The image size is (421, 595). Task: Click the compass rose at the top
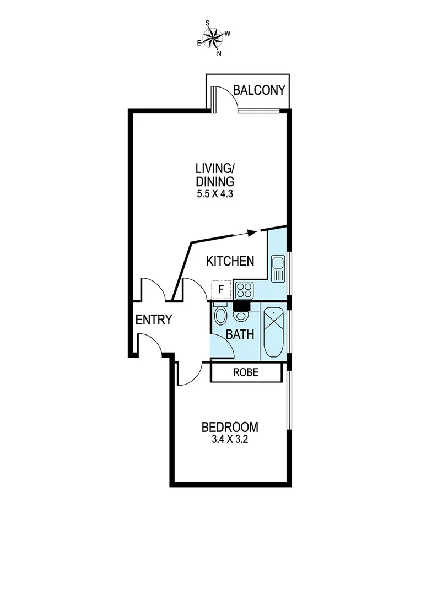coord(213,38)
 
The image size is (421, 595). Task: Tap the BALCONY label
coord(259,90)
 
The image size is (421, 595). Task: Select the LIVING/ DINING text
coord(214,174)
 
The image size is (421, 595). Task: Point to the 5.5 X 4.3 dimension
coord(214,194)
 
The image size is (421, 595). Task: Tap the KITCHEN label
coord(230,261)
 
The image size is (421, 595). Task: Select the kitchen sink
coord(278,268)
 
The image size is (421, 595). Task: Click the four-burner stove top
coord(243,289)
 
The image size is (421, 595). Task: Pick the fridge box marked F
coord(221,289)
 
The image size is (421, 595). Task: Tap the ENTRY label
coord(154,320)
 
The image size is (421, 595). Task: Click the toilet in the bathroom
coord(220,315)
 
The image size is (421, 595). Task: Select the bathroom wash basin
coord(241,316)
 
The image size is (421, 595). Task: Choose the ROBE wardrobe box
coord(245,372)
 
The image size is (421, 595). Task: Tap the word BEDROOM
coord(229,427)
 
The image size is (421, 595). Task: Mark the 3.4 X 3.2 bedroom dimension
coord(229,440)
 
